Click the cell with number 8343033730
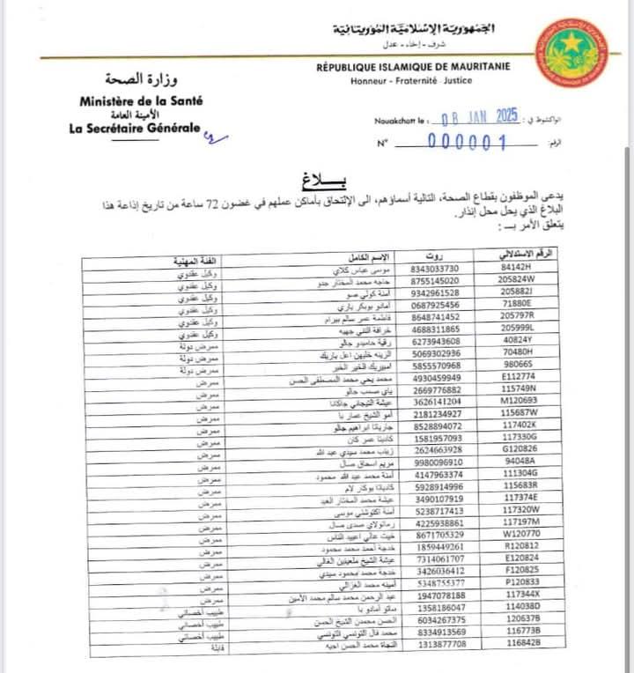(435, 268)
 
